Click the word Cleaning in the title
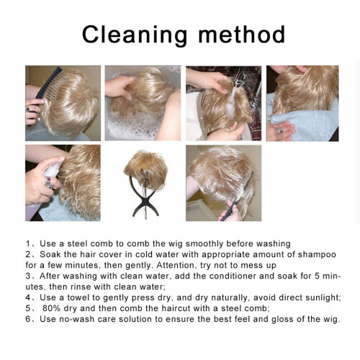[135, 36]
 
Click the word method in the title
[242, 35]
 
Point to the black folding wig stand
[144, 195]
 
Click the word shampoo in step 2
[317, 255]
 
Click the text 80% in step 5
[51, 308]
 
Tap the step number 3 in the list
[28, 276]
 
